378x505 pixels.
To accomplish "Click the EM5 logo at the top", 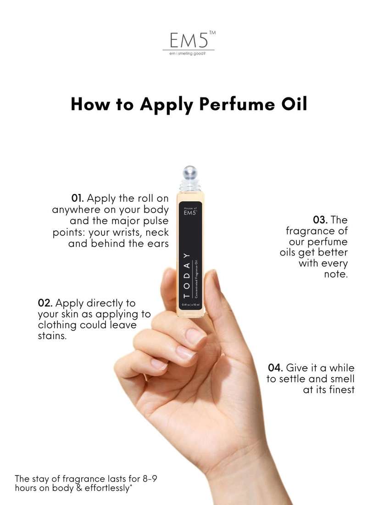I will click(x=186, y=41).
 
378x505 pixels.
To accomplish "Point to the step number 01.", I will click(x=77, y=199).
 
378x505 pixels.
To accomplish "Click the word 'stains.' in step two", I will click(x=52, y=336).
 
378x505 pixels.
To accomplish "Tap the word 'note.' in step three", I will click(x=336, y=274).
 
